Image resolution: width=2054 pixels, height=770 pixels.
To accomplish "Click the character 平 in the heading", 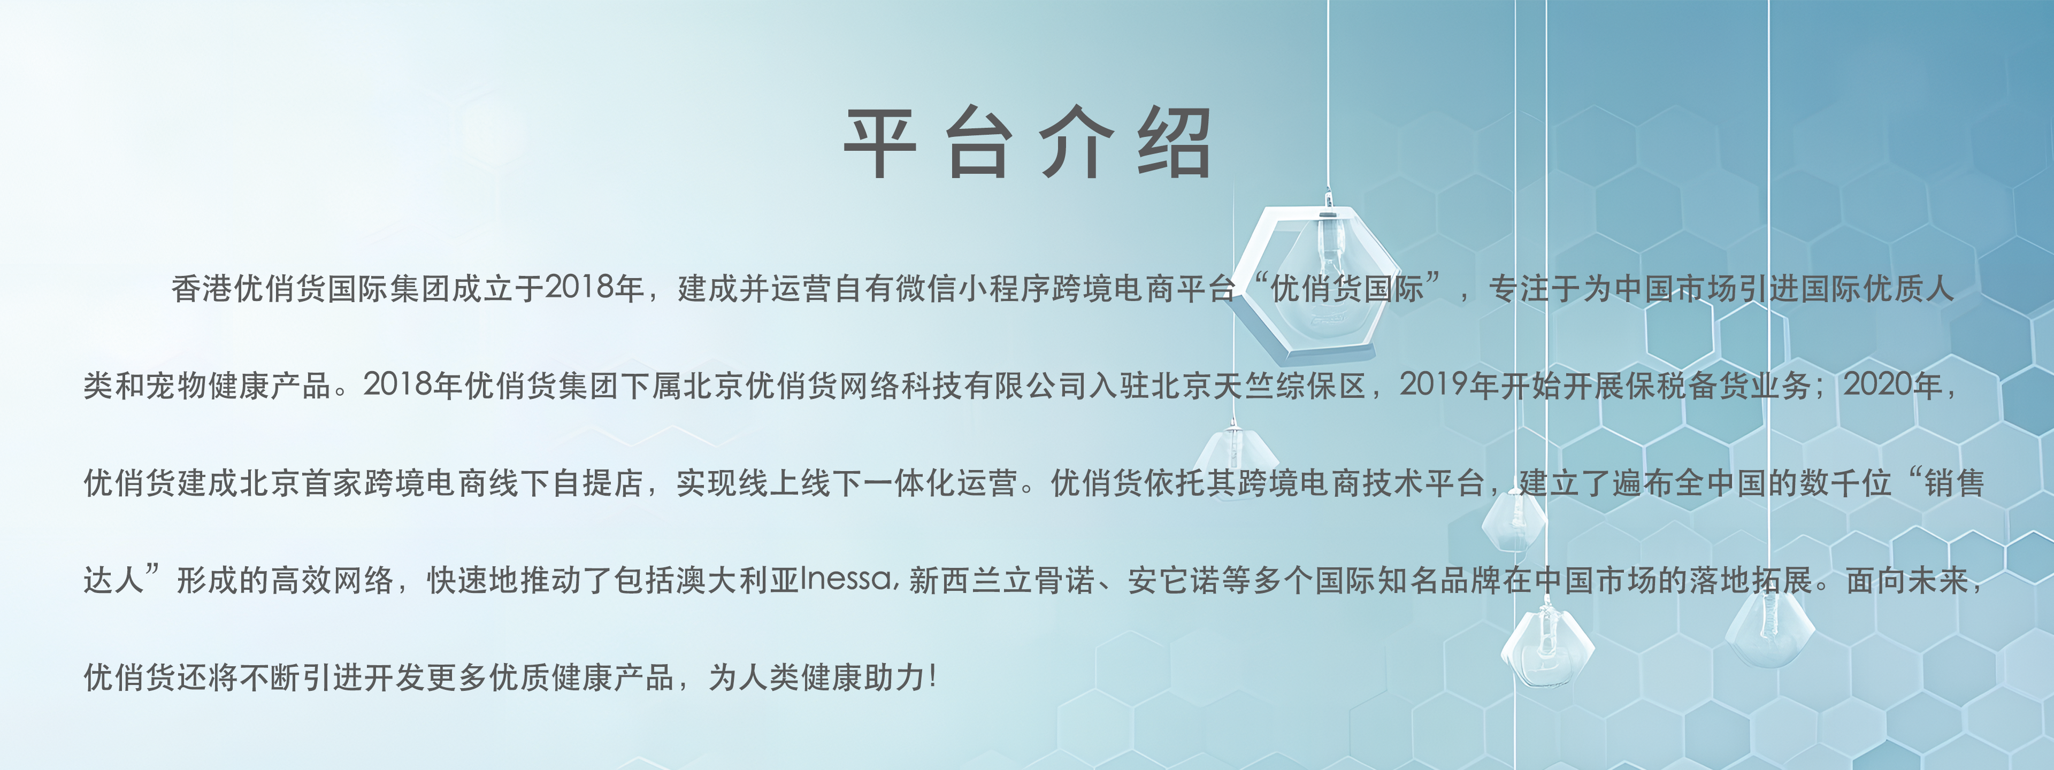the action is [x=879, y=143].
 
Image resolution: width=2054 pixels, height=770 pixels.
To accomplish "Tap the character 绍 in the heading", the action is [x=1175, y=143].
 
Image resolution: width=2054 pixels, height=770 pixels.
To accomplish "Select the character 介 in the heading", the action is [x=1076, y=143].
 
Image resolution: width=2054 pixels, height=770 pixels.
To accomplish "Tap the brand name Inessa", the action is [x=846, y=580].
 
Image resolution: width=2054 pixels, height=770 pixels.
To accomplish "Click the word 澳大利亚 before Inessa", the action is [x=738, y=580].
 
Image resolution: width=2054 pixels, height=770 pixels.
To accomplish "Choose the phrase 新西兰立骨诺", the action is [x=1001, y=580].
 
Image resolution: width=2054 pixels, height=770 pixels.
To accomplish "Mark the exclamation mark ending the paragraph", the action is [x=933, y=677].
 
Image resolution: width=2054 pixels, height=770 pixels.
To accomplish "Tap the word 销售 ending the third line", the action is [x=1955, y=483].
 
